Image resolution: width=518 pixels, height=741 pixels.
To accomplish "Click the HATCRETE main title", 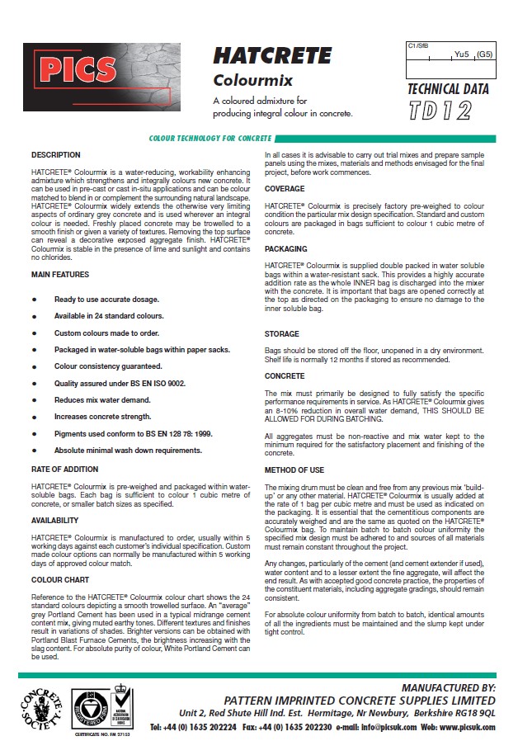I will pyautogui.click(x=272, y=55).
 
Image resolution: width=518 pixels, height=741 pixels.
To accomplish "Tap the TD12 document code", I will pyautogui.click(x=440, y=111).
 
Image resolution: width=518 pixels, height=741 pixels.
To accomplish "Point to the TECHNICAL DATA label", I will pyautogui.click(x=448, y=89).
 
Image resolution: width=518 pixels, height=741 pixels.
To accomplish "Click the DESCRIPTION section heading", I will pyautogui.click(x=56, y=154).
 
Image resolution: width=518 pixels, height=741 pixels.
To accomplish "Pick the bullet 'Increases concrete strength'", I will pyautogui.click(x=105, y=417).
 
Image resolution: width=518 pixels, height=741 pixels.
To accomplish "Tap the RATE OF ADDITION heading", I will pyautogui.click(x=66, y=470).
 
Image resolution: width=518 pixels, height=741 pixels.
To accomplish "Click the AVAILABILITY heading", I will pyautogui.click(x=55, y=521).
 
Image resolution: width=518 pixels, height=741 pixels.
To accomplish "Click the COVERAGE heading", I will pyautogui.click(x=285, y=188).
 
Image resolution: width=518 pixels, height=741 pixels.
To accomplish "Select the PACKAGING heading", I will pyautogui.click(x=286, y=248).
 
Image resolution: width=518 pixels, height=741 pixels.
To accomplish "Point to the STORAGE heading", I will pyautogui.click(x=282, y=333).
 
